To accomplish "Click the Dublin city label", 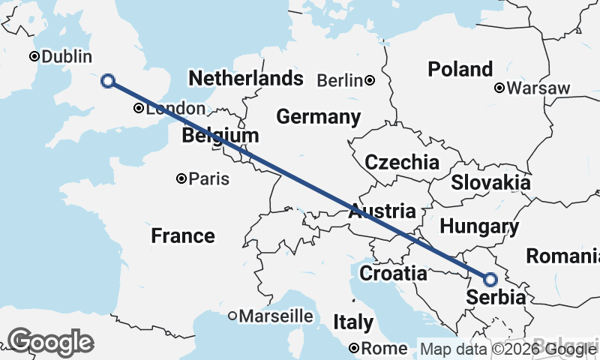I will [66, 57].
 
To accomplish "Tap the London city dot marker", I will [139, 109].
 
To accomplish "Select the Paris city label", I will [209, 179].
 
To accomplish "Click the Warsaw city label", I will [538, 88].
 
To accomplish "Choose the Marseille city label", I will [276, 316].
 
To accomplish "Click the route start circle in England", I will [108, 81].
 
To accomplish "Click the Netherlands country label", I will [245, 79].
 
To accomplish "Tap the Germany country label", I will [318, 117].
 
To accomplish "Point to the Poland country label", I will [460, 70].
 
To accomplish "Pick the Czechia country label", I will [401, 163].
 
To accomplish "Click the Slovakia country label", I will [490, 182].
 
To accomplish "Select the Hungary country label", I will [479, 226].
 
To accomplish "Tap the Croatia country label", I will [393, 274].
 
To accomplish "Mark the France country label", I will [182, 236].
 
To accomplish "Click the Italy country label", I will [352, 322].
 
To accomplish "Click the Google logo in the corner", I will [50, 342].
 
